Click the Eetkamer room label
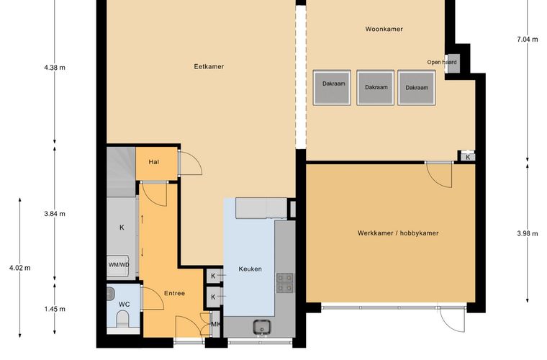click(x=209, y=66)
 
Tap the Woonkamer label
click(x=384, y=29)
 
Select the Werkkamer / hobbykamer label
click(x=398, y=233)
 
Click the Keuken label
click(x=250, y=269)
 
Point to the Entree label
click(x=174, y=293)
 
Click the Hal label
click(x=154, y=162)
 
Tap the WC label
click(x=125, y=304)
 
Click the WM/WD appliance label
click(x=119, y=265)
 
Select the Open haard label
click(x=442, y=62)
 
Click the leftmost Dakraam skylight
click(x=332, y=87)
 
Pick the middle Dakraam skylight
click(x=376, y=87)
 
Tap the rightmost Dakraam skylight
click(x=417, y=87)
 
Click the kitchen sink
click(x=261, y=327)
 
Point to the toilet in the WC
click(x=122, y=320)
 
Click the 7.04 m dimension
click(x=527, y=40)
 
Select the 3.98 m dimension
click(x=527, y=233)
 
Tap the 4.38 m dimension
click(x=55, y=68)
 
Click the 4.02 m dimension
click(x=20, y=268)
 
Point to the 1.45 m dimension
click(x=55, y=309)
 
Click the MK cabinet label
click(x=216, y=325)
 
